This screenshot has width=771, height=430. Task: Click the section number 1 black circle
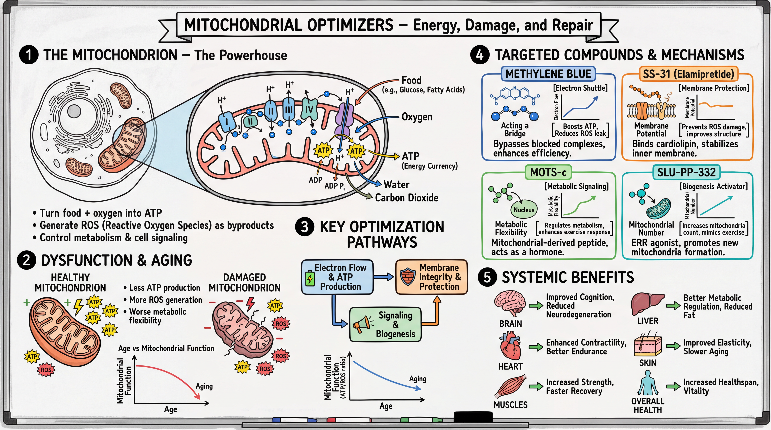[x=29, y=55]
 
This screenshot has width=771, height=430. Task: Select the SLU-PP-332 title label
[x=686, y=172]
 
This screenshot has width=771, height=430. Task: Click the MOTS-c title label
[x=548, y=172]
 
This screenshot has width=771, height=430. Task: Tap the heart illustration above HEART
[x=511, y=347]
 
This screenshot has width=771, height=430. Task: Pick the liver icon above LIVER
[x=647, y=303]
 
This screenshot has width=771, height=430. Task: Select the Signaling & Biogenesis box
[x=386, y=324]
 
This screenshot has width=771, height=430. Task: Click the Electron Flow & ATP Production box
[x=337, y=277]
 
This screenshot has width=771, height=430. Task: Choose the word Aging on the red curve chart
[x=204, y=386]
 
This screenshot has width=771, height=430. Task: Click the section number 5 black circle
[x=487, y=277]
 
